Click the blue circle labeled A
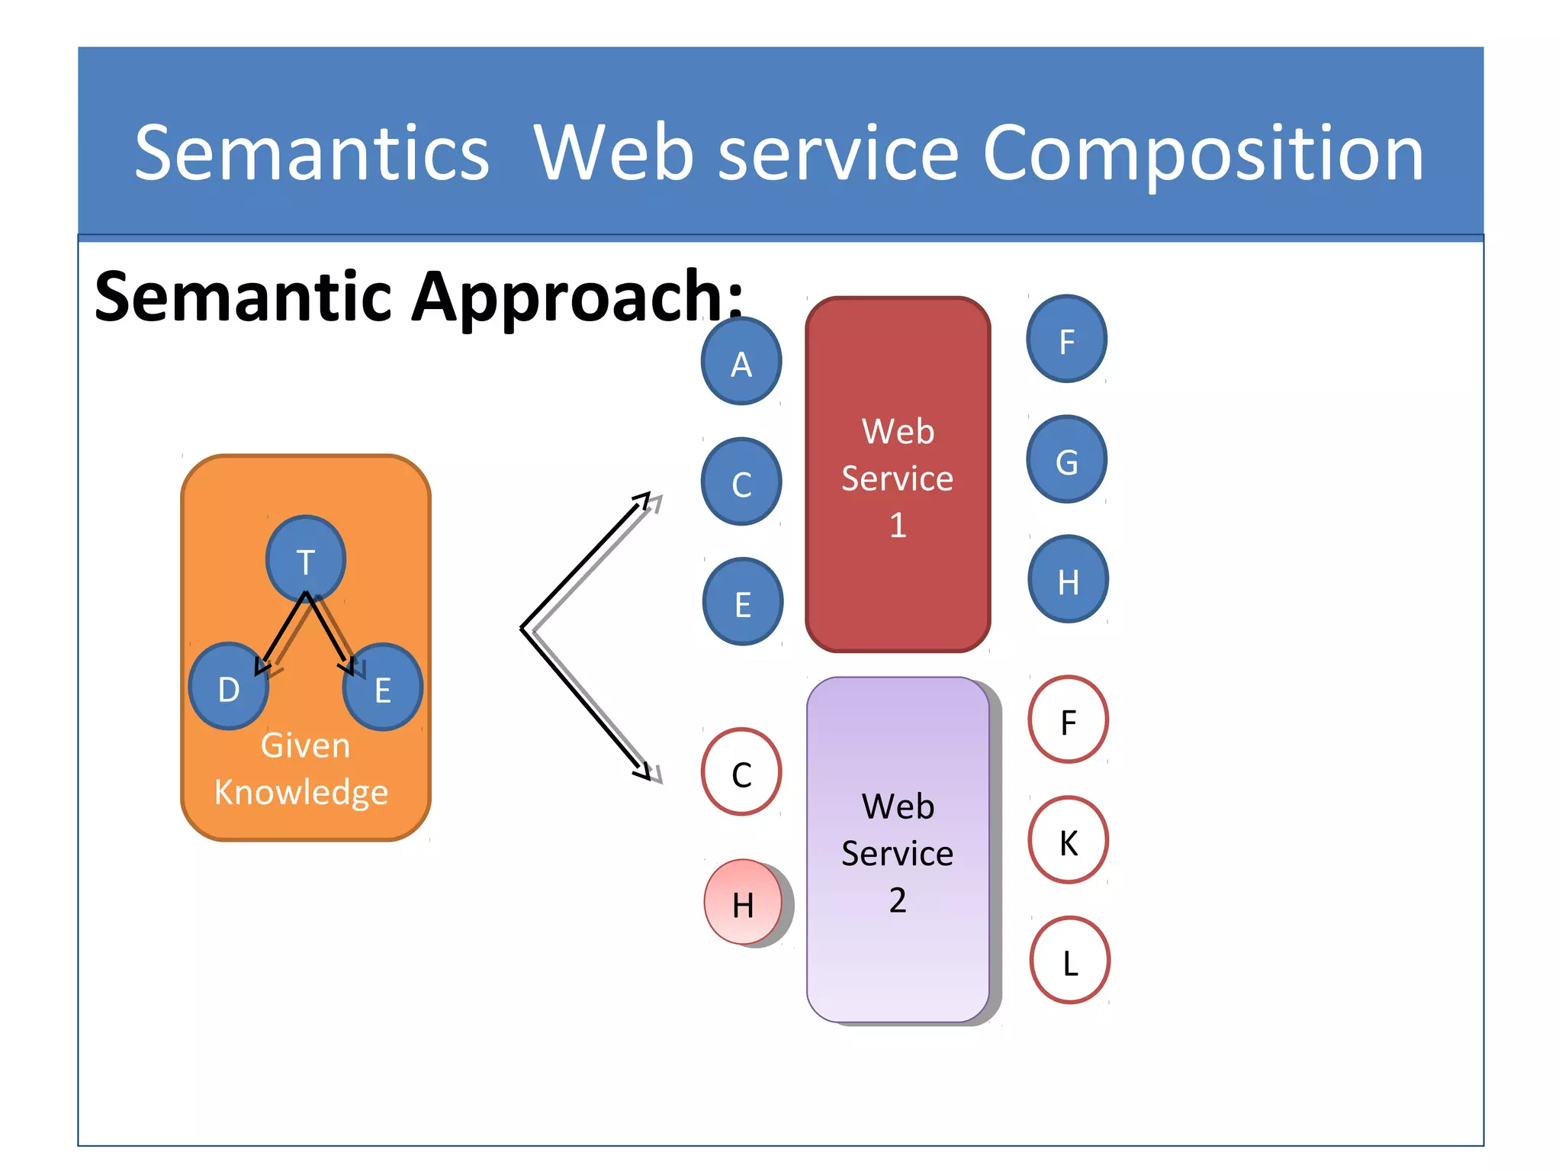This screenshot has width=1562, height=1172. pyautogui.click(x=741, y=362)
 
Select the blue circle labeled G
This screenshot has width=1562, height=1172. pyautogui.click(x=1066, y=459)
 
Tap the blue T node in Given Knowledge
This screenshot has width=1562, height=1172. pyautogui.click(x=306, y=559)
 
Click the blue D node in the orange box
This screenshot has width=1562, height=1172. pyautogui.click(x=228, y=686)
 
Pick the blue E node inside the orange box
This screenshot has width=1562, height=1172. pyautogui.click(x=383, y=687)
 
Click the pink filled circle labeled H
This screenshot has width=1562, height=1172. pyautogui.click(x=743, y=902)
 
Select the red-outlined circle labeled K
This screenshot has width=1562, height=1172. pyautogui.click(x=1068, y=840)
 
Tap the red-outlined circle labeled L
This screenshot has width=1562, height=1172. pyautogui.click(x=1069, y=961)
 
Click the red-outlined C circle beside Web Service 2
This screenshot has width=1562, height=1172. pyautogui.click(x=741, y=772)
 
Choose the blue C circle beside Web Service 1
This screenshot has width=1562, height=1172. pyautogui.click(x=741, y=481)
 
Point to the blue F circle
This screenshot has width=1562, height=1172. pyautogui.click(x=1066, y=339)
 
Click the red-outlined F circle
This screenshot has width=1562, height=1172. pyautogui.click(x=1068, y=720)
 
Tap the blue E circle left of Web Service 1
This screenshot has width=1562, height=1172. pyautogui.click(x=743, y=602)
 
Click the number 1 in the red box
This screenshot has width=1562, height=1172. pyautogui.click(x=898, y=526)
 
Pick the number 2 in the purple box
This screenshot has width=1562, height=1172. pyautogui.click(x=898, y=900)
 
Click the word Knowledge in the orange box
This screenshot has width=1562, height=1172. pyautogui.click(x=301, y=792)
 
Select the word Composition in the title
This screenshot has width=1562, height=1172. pyautogui.click(x=1203, y=154)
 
